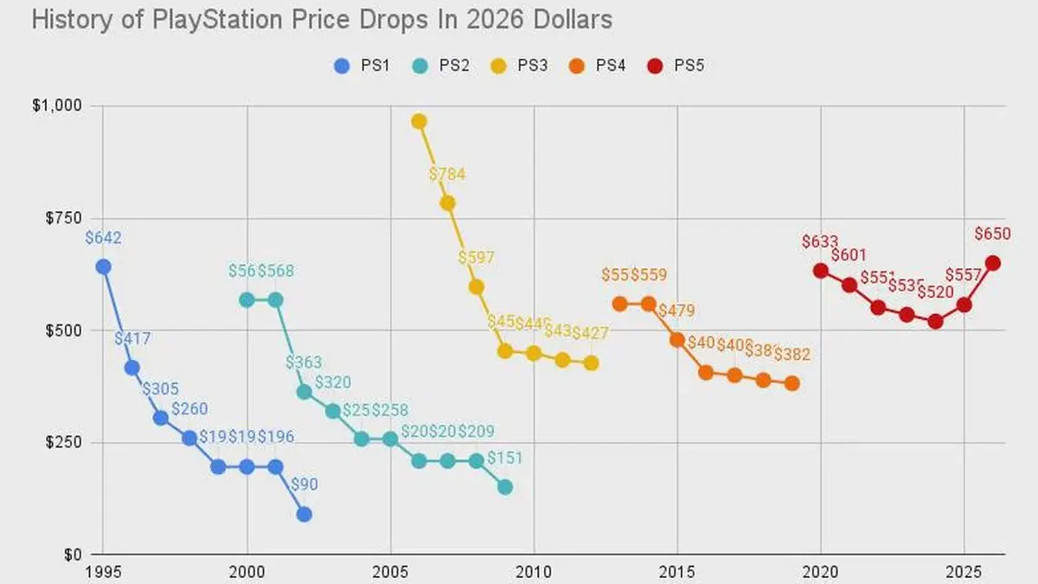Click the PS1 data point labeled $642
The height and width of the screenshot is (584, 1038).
tap(103, 266)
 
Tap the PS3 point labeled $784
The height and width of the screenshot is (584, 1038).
tap(447, 203)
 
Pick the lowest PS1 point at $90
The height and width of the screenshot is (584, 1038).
tap(304, 514)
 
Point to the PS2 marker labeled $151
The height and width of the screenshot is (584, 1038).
tap(504, 487)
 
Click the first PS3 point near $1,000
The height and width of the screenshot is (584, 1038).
tap(419, 121)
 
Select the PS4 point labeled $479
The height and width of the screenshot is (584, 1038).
tap(676, 340)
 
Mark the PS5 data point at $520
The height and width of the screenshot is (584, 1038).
tap(935, 321)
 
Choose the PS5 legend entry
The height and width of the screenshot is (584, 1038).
tap(679, 65)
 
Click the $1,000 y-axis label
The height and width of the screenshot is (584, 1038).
tap(57, 106)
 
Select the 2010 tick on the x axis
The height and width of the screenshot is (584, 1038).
tap(534, 572)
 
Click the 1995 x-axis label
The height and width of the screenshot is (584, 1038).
tap(103, 572)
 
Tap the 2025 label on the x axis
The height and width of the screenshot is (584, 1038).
tap(964, 572)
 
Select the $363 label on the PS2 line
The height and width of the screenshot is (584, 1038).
tap(304, 363)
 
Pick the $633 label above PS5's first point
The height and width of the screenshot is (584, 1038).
tap(820, 243)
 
